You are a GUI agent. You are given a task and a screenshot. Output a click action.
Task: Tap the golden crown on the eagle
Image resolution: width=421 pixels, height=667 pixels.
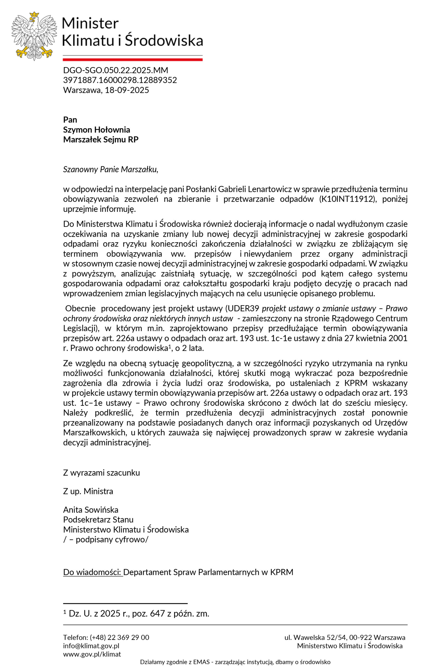pos(34,15)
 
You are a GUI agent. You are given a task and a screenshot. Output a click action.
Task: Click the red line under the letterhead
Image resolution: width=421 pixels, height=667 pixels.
pos(133,60)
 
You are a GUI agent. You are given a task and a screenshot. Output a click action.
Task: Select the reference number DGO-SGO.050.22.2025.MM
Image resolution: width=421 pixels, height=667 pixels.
pos(115,70)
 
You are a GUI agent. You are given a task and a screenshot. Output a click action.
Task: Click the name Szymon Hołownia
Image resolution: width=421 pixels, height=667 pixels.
pos(96,130)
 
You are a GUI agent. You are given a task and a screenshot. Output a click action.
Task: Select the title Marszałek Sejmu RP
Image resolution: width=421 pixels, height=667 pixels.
pos(101,139)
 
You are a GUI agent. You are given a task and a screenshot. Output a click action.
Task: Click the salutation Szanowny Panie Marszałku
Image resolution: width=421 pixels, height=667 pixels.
pos(110,169)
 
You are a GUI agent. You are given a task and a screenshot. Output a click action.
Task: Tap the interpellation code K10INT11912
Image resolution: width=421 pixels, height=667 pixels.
pos(348,199)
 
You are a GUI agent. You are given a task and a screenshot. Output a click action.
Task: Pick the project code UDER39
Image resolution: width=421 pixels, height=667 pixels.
pos(243,308)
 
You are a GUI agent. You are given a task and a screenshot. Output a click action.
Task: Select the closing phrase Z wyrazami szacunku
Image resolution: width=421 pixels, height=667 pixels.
pos(101,473)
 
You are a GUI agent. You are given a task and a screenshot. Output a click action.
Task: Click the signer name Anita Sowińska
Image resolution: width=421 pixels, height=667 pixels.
pos(91,510)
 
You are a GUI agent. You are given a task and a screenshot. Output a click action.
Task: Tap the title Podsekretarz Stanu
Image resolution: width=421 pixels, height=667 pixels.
pos(98,519)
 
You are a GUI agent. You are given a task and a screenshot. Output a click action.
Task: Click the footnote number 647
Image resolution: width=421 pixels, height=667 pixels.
pos(157,614)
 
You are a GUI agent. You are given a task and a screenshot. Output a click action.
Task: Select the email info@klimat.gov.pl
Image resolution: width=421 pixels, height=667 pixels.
pos(91,646)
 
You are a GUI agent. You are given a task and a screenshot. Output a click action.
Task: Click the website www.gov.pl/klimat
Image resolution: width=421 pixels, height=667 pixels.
pos(92,654)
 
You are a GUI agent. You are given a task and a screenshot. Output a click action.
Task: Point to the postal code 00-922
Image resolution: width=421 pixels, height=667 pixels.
pos(359,637)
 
